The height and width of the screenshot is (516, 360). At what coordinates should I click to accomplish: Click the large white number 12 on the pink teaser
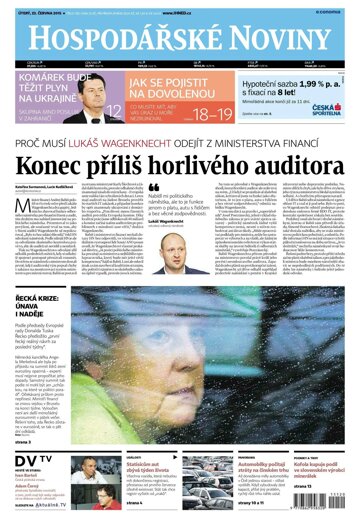114,106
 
